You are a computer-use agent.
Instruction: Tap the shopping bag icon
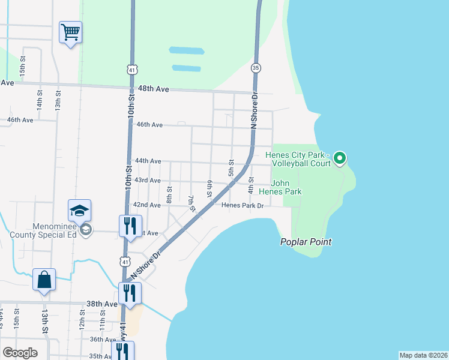pyautogui.click(x=44, y=280)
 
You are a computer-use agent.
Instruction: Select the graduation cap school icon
pyautogui.click(x=79, y=211)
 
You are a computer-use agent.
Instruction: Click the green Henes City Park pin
pyautogui.click(x=339, y=158)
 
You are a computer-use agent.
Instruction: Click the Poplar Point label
pyautogui.click(x=306, y=242)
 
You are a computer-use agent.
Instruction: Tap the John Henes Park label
pyautogui.click(x=286, y=187)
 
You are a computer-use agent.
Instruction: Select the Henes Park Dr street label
pyautogui.click(x=243, y=205)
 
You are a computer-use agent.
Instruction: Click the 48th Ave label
pyautogui.click(x=152, y=89)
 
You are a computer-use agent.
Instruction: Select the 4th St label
pyautogui.click(x=251, y=185)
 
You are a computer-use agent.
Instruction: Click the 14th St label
pyautogui.click(x=40, y=100)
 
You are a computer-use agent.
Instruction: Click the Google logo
pyautogui.click(x=20, y=353)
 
